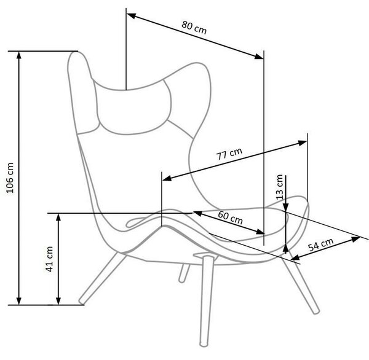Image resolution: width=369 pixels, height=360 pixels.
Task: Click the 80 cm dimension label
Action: tap(194, 28)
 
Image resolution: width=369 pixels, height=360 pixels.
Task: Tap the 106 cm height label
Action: tap(10, 178)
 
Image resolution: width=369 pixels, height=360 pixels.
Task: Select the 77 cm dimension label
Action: tap(229, 154)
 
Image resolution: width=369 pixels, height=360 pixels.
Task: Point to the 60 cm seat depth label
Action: tap(230, 217)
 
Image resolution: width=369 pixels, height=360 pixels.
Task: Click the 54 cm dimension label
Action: tap(321, 245)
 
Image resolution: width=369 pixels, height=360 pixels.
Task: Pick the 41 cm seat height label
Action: tap(49, 259)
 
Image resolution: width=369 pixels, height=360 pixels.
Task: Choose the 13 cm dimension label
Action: tap(279, 187)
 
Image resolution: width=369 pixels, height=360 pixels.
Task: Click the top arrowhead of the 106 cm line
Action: tap(19, 55)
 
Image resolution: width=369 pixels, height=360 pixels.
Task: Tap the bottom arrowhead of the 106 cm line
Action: tap(19, 301)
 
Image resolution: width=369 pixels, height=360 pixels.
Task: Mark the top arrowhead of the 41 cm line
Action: tap(58, 217)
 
